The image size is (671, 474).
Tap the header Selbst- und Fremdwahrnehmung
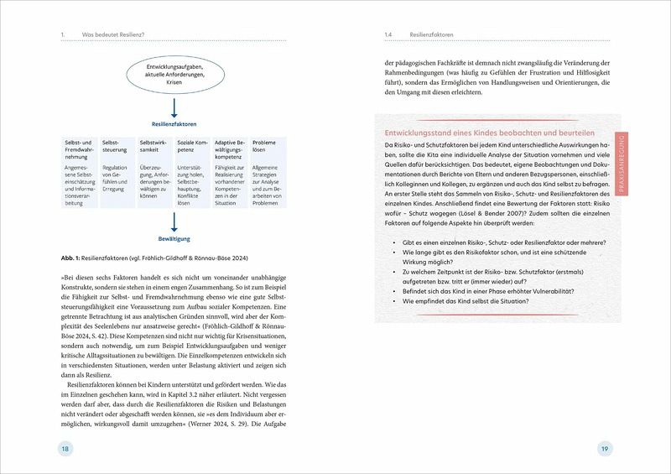coord(79,150)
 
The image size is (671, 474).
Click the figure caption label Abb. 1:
coord(75,256)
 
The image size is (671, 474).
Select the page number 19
coord(604,451)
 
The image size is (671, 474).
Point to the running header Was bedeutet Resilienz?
coord(113,34)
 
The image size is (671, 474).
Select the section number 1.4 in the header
coord(388,34)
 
